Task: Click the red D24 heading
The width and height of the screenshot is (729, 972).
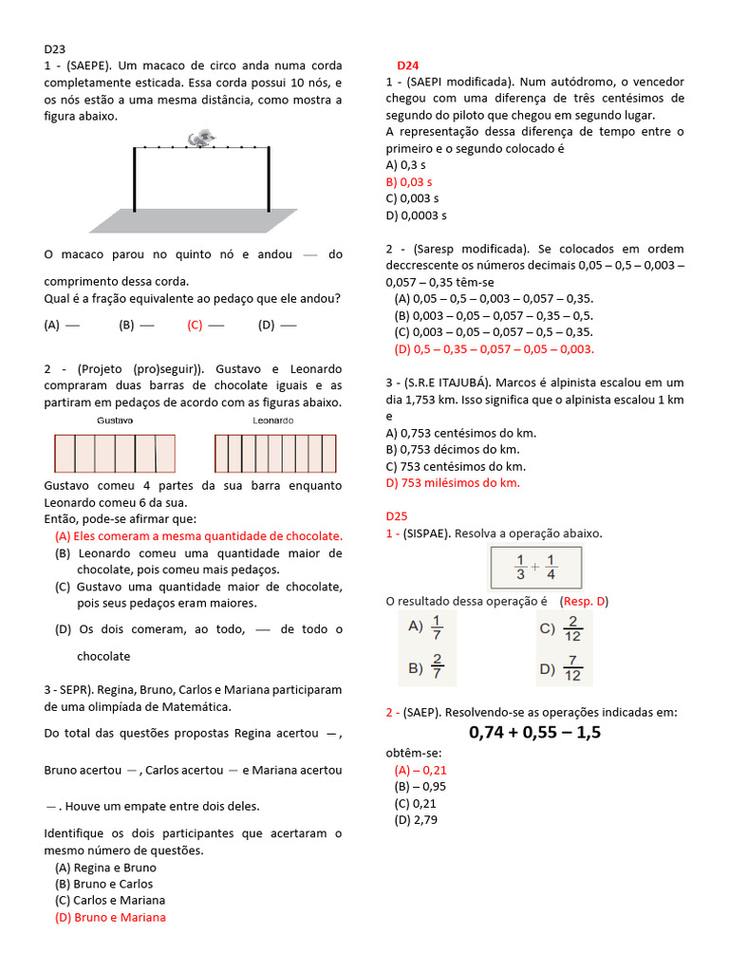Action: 407,65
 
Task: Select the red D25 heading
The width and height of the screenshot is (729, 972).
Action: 396,516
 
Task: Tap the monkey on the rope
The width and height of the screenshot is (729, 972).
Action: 201,139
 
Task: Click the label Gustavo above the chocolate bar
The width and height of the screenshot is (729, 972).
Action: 115,420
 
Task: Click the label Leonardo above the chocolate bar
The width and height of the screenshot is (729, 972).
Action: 273,420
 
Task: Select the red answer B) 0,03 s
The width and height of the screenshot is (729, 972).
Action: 408,181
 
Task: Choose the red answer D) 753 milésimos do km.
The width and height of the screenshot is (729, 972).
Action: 453,483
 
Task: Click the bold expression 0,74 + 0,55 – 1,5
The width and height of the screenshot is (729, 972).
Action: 535,732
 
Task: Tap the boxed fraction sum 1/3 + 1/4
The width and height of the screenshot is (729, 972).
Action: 534,568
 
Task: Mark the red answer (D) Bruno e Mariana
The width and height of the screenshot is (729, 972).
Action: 110,917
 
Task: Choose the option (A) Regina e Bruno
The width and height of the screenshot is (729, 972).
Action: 105,868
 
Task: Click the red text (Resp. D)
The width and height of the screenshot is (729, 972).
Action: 584,601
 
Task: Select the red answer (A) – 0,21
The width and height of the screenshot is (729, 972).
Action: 420,770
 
